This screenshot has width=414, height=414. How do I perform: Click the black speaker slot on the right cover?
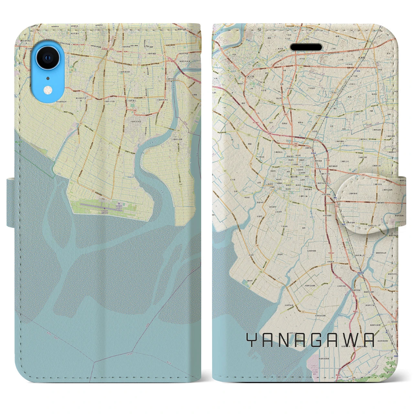coord(306,47)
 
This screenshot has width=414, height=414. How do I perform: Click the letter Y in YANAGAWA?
coord(252,340)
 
